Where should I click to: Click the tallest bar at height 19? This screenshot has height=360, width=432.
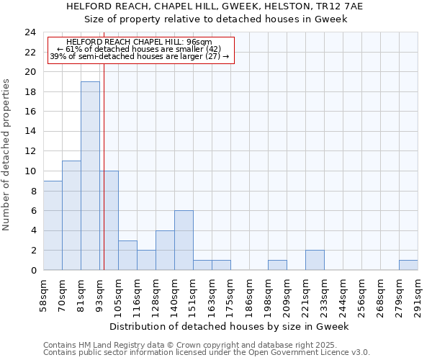pos(90,176)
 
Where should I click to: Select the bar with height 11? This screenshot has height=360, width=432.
pos(71,215)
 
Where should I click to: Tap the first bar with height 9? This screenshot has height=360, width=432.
pos(53,225)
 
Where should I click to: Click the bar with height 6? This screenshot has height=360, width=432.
pos(184,240)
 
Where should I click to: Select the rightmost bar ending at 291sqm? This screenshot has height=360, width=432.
pos(408,265)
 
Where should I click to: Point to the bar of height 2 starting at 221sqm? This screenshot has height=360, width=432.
pos(315,260)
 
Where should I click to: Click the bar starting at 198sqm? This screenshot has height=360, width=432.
pos(277,265)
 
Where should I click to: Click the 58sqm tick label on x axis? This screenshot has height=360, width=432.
pos(44,295)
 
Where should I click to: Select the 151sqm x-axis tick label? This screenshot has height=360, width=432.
pos(194,295)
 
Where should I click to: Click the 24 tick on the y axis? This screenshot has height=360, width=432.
pos(30,32)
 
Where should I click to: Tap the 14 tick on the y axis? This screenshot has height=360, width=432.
pos(30,132)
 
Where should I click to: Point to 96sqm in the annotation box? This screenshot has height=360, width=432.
pos(199,42)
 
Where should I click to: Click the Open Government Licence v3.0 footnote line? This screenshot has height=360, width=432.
pos(207,352)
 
